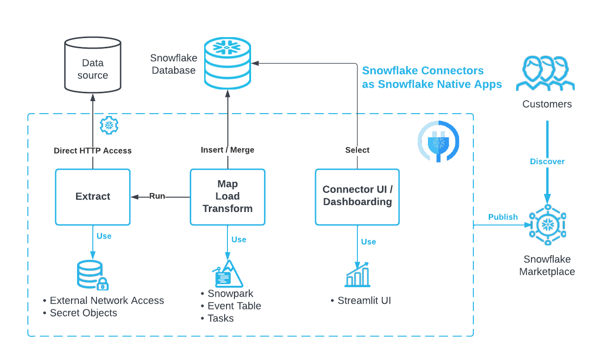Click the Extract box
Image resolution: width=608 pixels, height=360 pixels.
pyautogui.click(x=93, y=197)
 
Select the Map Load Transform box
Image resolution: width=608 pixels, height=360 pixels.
pyautogui.click(x=227, y=197)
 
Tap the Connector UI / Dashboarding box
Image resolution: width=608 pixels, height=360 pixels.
pyautogui.click(x=357, y=197)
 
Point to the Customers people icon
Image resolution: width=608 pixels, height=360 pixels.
pyautogui.click(x=546, y=74)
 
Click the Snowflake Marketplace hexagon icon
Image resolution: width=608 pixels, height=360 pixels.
pyautogui.click(x=548, y=225)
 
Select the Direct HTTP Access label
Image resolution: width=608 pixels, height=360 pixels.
pyautogui.click(x=93, y=151)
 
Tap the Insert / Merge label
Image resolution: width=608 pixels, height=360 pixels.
pyautogui.click(x=227, y=150)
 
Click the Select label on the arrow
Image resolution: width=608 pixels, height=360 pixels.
pyautogui.click(x=357, y=150)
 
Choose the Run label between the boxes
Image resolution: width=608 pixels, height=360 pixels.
pyautogui.click(x=157, y=196)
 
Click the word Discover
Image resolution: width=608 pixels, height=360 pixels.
pyautogui.click(x=547, y=161)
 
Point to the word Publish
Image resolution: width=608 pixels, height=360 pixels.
pyautogui.click(x=503, y=217)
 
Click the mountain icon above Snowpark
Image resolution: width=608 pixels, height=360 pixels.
pyautogui.click(x=227, y=274)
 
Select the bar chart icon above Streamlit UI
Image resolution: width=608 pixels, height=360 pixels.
pyautogui.click(x=357, y=275)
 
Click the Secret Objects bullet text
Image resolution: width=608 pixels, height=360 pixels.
pyautogui.click(x=84, y=313)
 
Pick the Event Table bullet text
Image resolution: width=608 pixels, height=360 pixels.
pyautogui.click(x=234, y=306)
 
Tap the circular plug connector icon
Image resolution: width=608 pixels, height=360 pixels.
pyautogui.click(x=438, y=141)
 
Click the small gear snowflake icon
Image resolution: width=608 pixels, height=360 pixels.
pyautogui.click(x=110, y=125)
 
